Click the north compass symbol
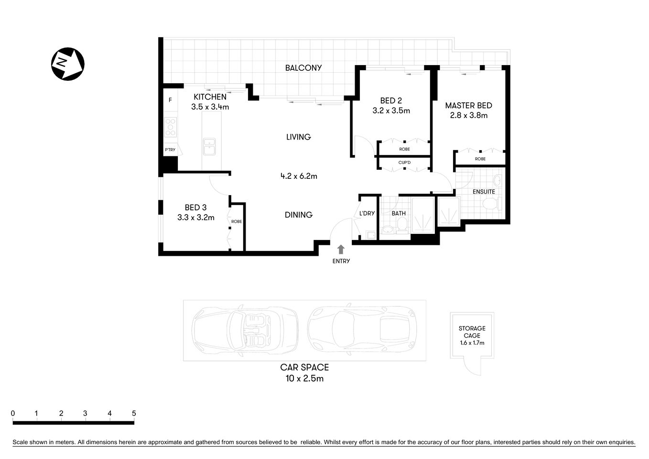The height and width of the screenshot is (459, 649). click(x=68, y=64)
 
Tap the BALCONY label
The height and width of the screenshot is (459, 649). click(x=303, y=68)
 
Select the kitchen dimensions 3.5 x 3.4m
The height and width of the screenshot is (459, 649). click(x=210, y=107)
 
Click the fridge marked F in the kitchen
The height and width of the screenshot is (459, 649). click(x=170, y=100)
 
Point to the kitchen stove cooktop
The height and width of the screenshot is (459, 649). click(x=170, y=127)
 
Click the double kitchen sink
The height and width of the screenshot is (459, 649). click(x=209, y=147)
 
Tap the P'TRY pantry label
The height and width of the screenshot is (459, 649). click(x=170, y=150)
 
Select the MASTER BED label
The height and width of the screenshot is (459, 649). click(x=468, y=106)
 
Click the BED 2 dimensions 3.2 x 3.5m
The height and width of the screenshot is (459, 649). click(x=391, y=111)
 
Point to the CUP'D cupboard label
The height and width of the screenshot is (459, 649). click(x=404, y=163)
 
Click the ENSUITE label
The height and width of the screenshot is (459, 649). click(x=484, y=192)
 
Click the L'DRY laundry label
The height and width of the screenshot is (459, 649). click(x=367, y=213)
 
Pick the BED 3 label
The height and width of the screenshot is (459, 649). click(x=195, y=208)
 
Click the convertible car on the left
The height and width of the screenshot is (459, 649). click(x=244, y=330)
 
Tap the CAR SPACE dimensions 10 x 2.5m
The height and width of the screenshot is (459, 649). click(x=304, y=379)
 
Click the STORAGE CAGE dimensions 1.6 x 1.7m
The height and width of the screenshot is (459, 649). click(x=472, y=343)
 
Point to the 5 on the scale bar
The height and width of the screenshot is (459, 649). click(x=134, y=414)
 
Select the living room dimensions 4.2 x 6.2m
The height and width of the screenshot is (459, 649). click(x=299, y=176)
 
